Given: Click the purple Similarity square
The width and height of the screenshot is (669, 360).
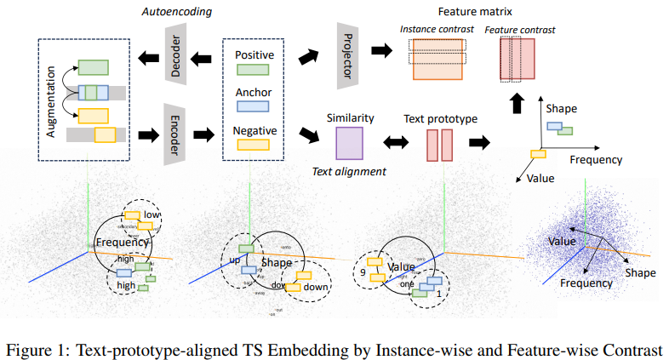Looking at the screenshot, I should click(350, 143).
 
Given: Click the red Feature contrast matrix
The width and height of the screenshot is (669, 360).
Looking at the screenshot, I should click(516, 60).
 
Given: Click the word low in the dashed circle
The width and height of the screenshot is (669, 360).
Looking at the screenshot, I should click(152, 214).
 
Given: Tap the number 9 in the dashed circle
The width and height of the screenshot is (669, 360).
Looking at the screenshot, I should click(362, 274).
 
